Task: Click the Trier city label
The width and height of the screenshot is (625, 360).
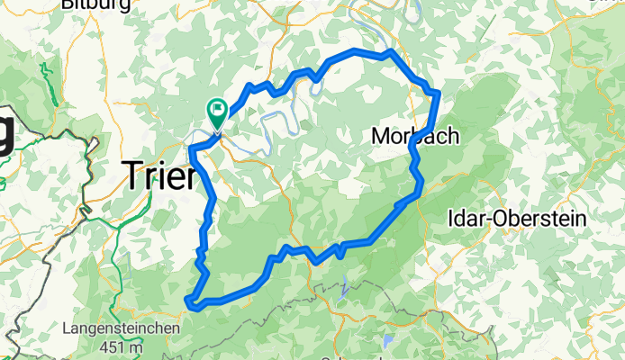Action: click(159, 175)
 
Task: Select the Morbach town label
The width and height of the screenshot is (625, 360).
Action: click(415, 135)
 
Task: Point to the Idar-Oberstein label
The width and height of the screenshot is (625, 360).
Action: click(517, 218)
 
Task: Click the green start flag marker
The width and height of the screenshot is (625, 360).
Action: click(218, 112)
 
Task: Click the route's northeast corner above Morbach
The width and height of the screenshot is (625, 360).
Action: click(437, 93)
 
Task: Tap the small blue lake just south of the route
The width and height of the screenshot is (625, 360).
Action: click(346, 289)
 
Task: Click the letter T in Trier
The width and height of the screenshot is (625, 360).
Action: click(131, 175)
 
